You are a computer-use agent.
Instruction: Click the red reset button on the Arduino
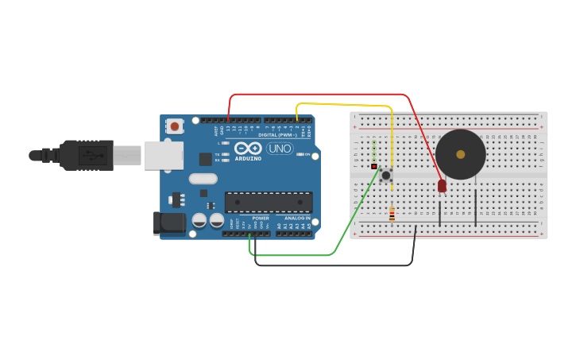(x=175, y=126)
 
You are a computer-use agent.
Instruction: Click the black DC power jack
(x=169, y=222)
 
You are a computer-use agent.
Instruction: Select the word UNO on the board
(x=279, y=149)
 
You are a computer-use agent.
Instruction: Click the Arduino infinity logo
(x=248, y=148)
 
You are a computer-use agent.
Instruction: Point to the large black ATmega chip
(x=269, y=202)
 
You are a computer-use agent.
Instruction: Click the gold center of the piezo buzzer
(x=461, y=154)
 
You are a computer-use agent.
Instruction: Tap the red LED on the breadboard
(x=442, y=186)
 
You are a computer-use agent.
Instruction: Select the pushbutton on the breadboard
(x=386, y=175)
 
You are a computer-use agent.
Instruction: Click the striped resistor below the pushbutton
(x=392, y=214)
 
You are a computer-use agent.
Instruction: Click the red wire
(x=318, y=95)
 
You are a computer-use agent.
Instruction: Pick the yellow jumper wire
(x=342, y=104)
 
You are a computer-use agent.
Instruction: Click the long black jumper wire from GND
(x=334, y=265)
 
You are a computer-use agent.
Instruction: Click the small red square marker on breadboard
(x=374, y=166)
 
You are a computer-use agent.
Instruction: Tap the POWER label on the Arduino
(x=261, y=218)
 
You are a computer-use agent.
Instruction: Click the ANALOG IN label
(x=298, y=218)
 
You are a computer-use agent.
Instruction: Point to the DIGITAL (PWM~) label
(x=277, y=135)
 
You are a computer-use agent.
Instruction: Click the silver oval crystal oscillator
(x=203, y=179)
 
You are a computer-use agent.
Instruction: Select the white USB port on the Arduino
(x=163, y=155)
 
